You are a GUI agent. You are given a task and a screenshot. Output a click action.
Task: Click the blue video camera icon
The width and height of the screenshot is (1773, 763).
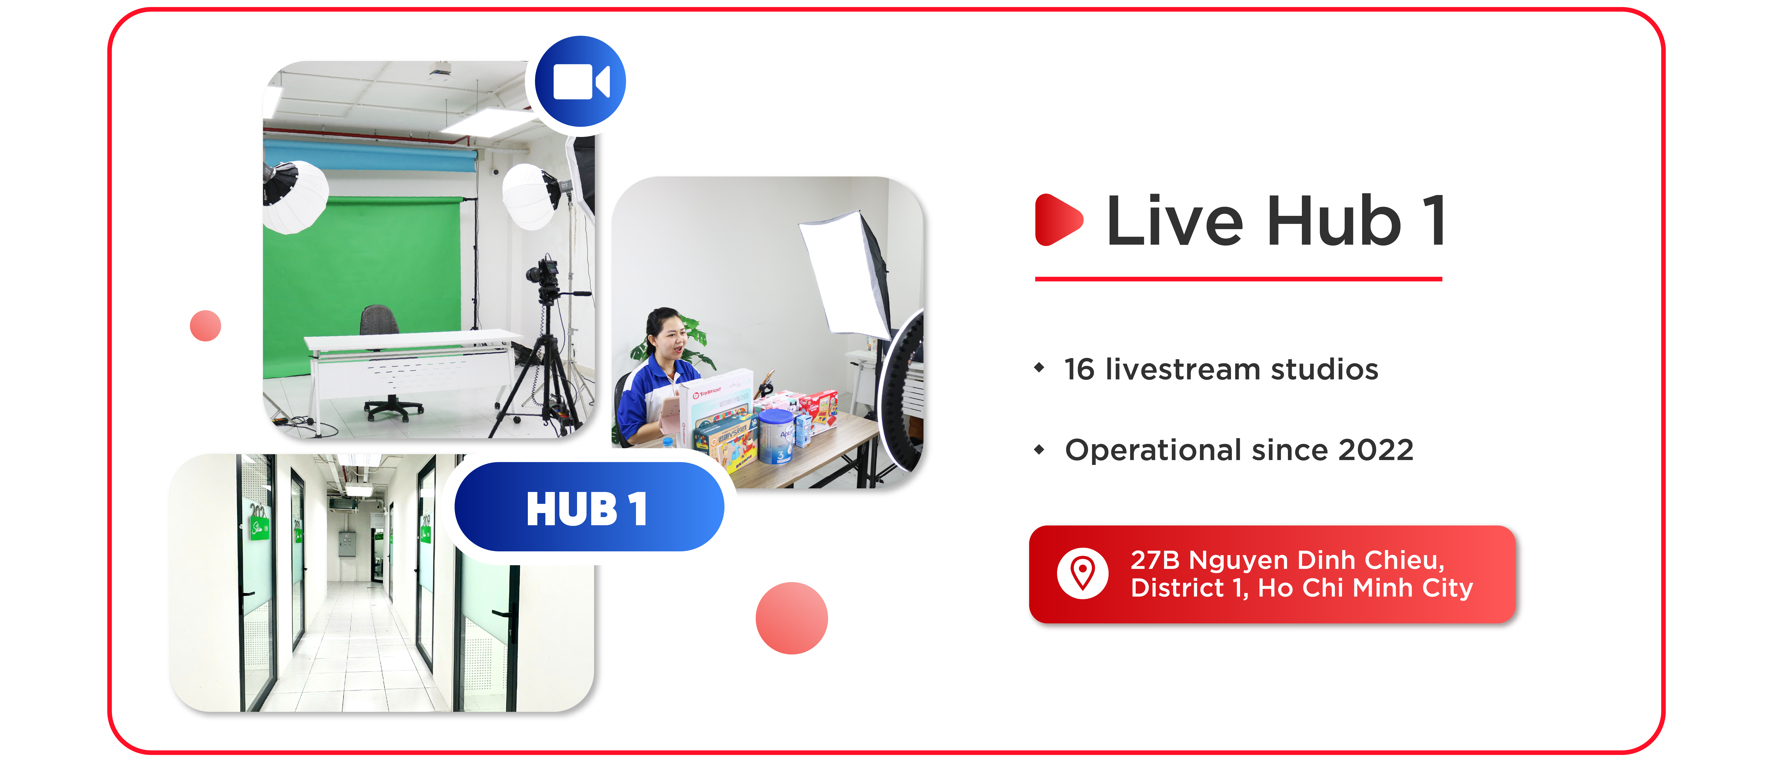click(580, 82)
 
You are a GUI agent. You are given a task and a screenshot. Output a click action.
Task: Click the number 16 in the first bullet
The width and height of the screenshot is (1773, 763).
click(1079, 369)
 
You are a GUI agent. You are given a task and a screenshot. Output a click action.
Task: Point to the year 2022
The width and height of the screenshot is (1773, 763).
click(1375, 450)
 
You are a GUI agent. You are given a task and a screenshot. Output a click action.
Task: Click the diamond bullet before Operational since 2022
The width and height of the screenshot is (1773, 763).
click(1039, 450)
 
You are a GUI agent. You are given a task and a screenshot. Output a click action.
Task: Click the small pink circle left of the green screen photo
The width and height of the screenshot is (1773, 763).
click(205, 325)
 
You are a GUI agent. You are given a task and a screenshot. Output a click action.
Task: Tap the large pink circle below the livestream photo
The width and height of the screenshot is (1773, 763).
click(792, 618)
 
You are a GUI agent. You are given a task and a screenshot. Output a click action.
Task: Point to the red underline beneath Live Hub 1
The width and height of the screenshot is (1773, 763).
click(1238, 279)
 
